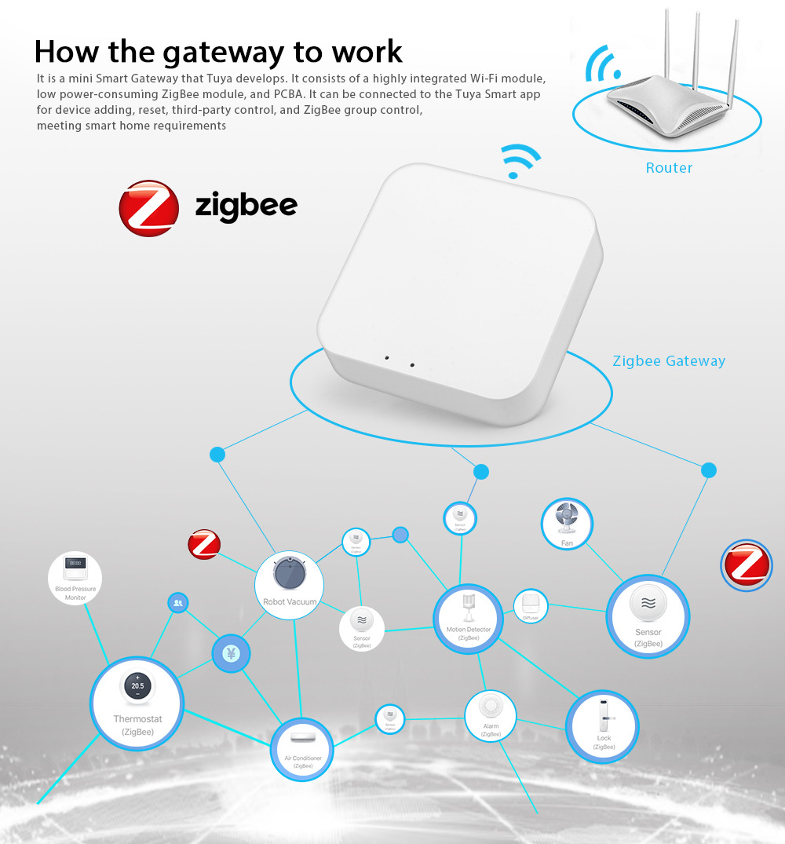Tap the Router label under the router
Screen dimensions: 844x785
[669, 167]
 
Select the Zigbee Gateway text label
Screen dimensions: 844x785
[669, 361]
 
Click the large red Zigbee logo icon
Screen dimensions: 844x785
[148, 208]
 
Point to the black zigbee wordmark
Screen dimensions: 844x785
[246, 206]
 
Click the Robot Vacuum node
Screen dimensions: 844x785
[289, 584]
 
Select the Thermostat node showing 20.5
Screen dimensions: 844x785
[137, 702]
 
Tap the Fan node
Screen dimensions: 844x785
[567, 524]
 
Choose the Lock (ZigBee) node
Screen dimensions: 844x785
[602, 726]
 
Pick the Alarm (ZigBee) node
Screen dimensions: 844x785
[491, 715]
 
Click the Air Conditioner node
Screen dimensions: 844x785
[302, 748]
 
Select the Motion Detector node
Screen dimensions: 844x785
[469, 618]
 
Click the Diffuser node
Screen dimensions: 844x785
[531, 607]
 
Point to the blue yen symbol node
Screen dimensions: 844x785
[231, 653]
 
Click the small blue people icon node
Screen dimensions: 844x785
[178, 603]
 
